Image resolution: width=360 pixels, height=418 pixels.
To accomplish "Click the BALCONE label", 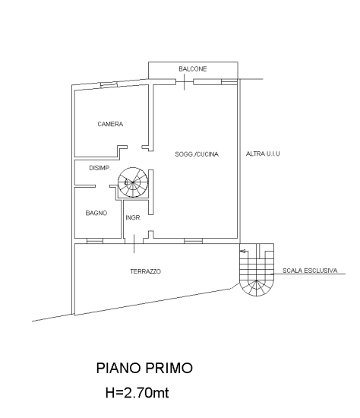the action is click(192, 68).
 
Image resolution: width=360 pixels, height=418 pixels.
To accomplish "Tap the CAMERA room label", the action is click(110, 124).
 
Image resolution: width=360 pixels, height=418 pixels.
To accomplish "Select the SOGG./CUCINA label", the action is click(197, 154).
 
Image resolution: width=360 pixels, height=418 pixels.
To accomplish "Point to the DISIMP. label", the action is click(99, 168).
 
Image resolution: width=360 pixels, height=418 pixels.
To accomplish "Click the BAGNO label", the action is click(96, 213).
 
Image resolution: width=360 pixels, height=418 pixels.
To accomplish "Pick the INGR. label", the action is click(133, 218).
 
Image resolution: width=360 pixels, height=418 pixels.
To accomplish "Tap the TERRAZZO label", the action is click(145, 271).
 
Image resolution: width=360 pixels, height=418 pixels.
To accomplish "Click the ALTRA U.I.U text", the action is click(263, 154).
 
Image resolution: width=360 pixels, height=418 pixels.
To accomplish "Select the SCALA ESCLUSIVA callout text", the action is click(310, 271).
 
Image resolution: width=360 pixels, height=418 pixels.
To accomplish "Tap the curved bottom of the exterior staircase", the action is click(257, 292).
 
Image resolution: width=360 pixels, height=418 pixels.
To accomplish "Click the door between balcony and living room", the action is click(185, 82).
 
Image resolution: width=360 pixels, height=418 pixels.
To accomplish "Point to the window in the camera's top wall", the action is click(109, 85).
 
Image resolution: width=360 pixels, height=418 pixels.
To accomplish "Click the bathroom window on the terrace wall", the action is click(95, 241).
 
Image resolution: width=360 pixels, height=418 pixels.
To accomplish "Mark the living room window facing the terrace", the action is click(193, 241).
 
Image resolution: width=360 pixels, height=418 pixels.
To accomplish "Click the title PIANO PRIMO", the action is click(144, 368).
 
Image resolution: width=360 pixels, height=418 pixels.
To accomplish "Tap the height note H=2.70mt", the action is click(137, 393).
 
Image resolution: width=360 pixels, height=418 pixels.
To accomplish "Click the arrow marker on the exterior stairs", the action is click(243, 251).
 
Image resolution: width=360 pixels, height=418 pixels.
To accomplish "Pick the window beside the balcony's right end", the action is click(229, 82).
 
